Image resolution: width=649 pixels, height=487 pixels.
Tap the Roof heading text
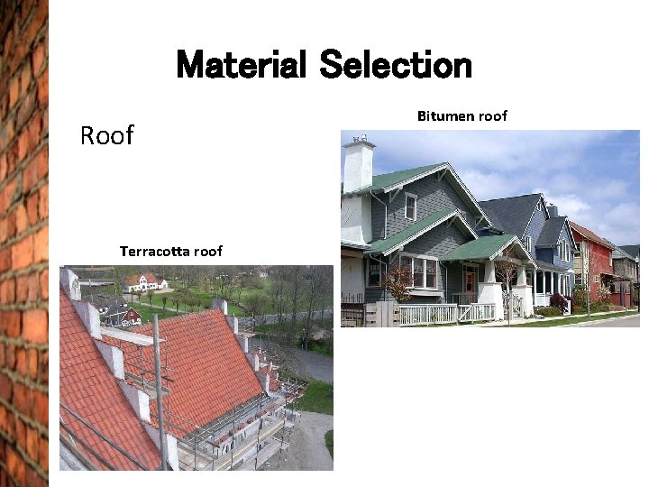(106, 135)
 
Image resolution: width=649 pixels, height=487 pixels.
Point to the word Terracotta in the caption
(154, 252)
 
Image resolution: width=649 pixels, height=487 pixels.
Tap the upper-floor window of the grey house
(410, 207)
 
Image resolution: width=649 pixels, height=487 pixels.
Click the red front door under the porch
(469, 283)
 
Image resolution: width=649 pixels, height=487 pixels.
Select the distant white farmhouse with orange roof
(146, 282)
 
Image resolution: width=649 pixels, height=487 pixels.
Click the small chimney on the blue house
(553, 209)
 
